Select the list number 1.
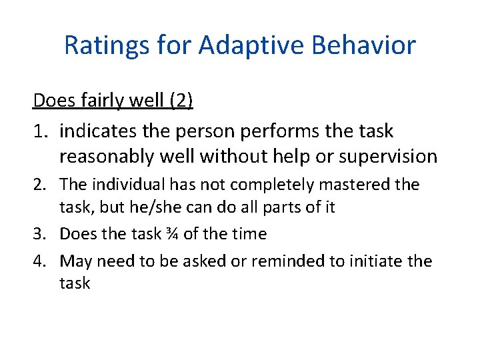pyautogui.click(x=39, y=131)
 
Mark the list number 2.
pyautogui.click(x=39, y=185)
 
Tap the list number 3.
pyautogui.click(x=39, y=234)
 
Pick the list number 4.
pyautogui.click(x=39, y=261)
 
